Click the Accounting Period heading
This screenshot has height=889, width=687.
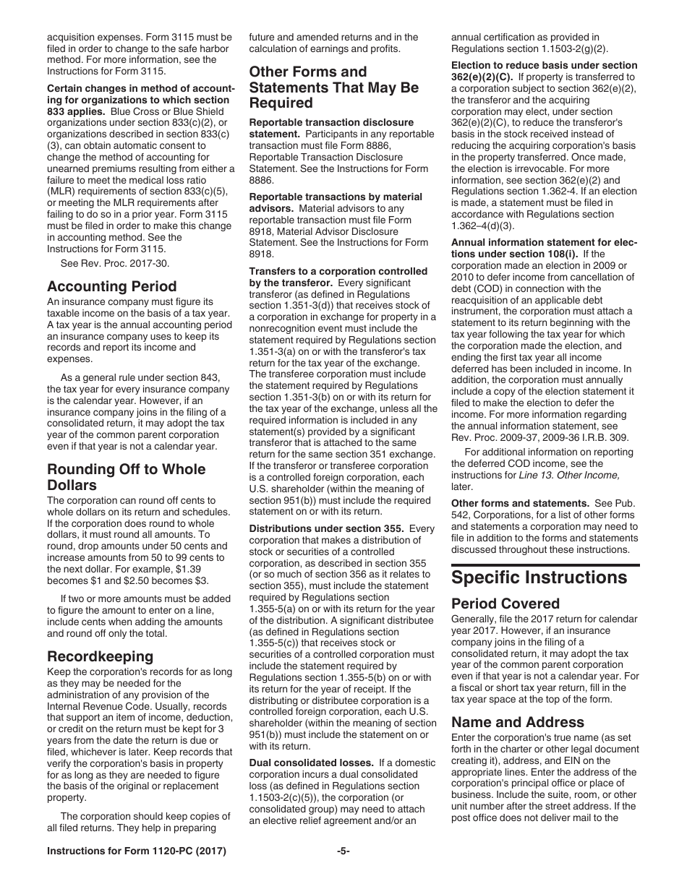pyautogui.click(x=111, y=286)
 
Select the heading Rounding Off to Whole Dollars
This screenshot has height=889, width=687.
pyautogui.click(x=126, y=477)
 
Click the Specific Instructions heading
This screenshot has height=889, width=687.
pyautogui.click(x=539, y=577)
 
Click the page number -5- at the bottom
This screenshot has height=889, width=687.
pyautogui.click(x=343, y=851)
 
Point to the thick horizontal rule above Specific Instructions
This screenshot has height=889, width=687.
pyautogui.click(x=545, y=565)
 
